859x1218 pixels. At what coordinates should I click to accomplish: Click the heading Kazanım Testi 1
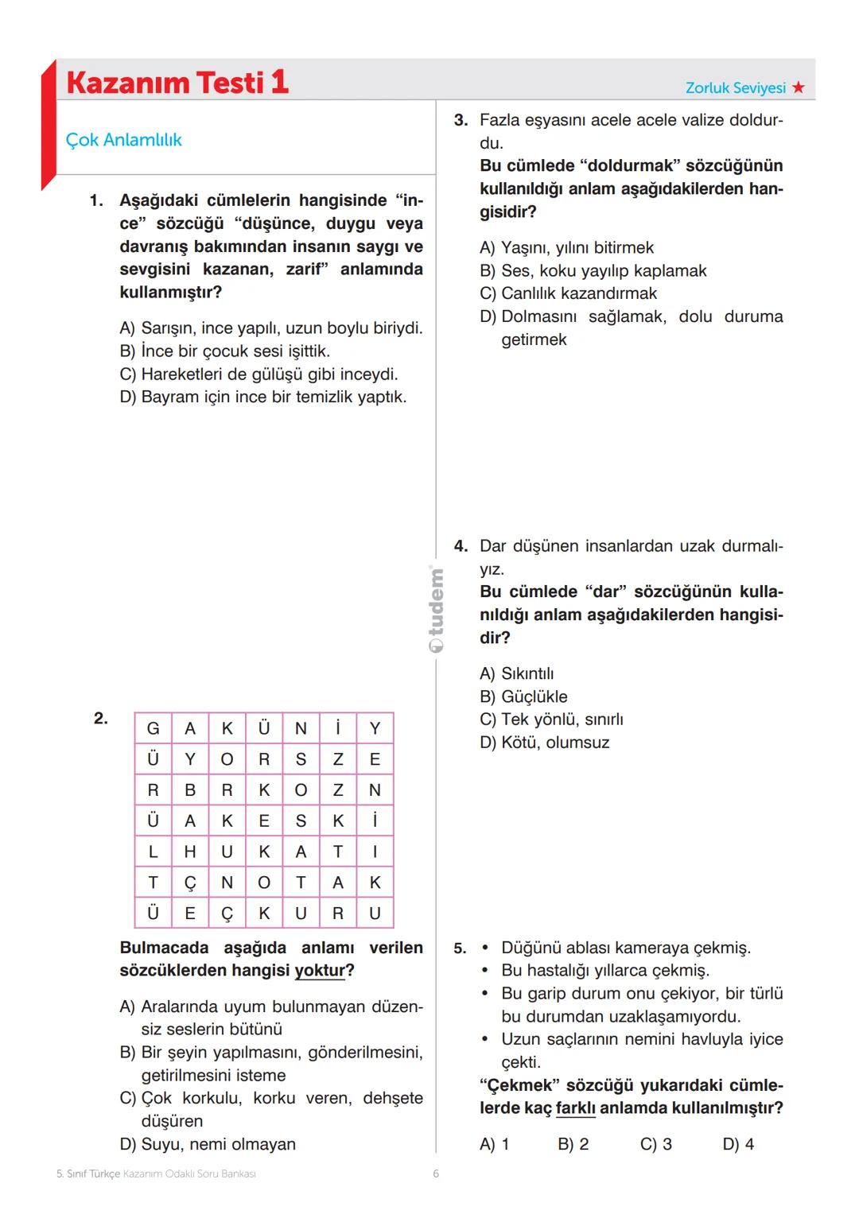177,83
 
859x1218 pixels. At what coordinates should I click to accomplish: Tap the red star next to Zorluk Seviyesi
799,88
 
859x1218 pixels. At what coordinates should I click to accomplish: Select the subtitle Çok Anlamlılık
123,140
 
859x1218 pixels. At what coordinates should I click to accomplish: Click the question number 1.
95,200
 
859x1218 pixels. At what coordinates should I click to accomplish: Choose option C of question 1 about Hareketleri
258,374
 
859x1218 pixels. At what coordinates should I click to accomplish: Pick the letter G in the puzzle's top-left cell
153,728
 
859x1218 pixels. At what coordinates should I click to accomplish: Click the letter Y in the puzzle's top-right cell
375,728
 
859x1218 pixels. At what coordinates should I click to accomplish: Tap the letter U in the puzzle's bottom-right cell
375,913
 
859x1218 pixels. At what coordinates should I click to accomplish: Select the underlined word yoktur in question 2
320,971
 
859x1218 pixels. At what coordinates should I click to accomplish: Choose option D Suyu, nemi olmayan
208,1144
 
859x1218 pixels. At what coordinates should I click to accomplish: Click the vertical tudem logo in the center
436,608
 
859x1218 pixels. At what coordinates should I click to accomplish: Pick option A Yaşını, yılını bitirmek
566,247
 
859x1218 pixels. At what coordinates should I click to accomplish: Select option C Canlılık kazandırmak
568,293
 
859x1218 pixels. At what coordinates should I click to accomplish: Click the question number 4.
461,546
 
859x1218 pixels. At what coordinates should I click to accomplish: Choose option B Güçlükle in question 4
523,696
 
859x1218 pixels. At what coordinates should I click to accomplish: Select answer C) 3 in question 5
655,1144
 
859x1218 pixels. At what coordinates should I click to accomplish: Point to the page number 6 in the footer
436,1173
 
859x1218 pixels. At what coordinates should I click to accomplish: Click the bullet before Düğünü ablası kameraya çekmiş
484,948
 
